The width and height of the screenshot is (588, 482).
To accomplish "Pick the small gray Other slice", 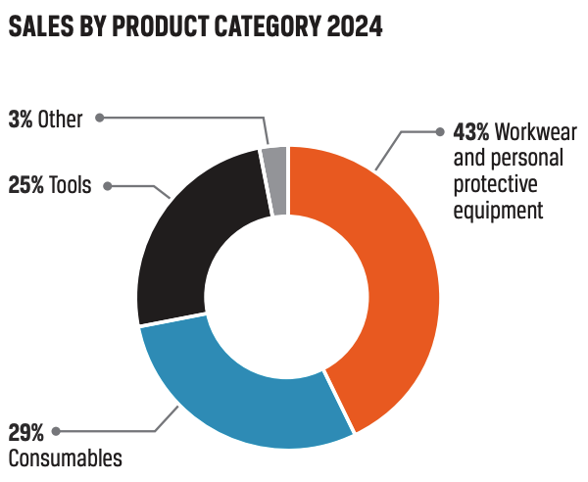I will tap(275, 176).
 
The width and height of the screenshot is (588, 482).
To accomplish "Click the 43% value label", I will tap(472, 132).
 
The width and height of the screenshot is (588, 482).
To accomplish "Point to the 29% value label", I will tap(26, 432).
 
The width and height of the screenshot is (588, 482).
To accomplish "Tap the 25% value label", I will tap(26, 185).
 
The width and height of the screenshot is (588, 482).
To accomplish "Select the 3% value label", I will tap(20, 120).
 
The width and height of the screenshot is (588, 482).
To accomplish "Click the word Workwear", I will tap(536, 132).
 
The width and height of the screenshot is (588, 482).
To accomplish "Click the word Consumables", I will tap(65, 458).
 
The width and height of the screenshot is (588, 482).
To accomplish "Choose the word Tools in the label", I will tap(71, 185).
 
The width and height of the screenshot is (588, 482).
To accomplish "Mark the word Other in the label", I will tap(60, 120).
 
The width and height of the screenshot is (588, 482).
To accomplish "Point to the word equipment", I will tap(498, 209).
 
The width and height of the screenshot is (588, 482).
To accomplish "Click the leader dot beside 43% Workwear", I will tap(437, 132).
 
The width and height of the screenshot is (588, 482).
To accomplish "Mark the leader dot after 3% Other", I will tap(102, 120).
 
